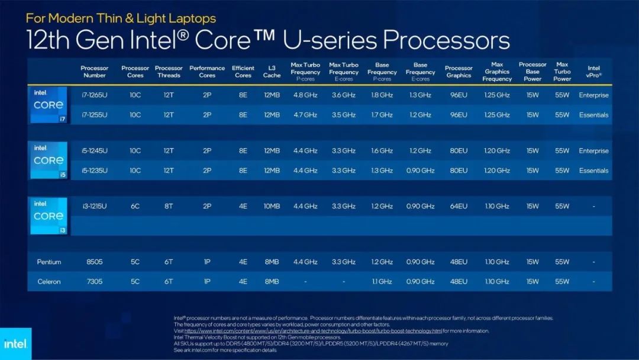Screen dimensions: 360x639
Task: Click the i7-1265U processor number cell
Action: [95, 95]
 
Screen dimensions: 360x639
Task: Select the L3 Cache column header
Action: [272, 72]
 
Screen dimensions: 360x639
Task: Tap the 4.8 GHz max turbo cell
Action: [305, 95]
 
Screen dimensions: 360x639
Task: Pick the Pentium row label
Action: [49, 262]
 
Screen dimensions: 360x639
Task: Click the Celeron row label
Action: [49, 281]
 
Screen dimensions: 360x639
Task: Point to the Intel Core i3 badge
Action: [49, 216]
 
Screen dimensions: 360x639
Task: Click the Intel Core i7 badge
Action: [49, 105]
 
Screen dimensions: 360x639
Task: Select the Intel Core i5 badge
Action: [49, 160]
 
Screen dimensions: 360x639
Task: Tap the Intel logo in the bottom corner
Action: [15, 344]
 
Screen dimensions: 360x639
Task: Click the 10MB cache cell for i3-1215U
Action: [272, 207]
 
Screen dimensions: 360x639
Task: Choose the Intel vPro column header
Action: [593, 72]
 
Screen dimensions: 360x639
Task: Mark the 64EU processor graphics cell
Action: [459, 207]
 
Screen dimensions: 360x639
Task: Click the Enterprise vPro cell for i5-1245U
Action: [593, 151]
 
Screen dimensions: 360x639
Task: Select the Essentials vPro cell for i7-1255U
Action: [593, 115]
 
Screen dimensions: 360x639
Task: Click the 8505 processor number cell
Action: [95, 262]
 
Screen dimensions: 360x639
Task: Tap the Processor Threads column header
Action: [169, 72]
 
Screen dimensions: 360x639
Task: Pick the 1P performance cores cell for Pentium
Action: [207, 262]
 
